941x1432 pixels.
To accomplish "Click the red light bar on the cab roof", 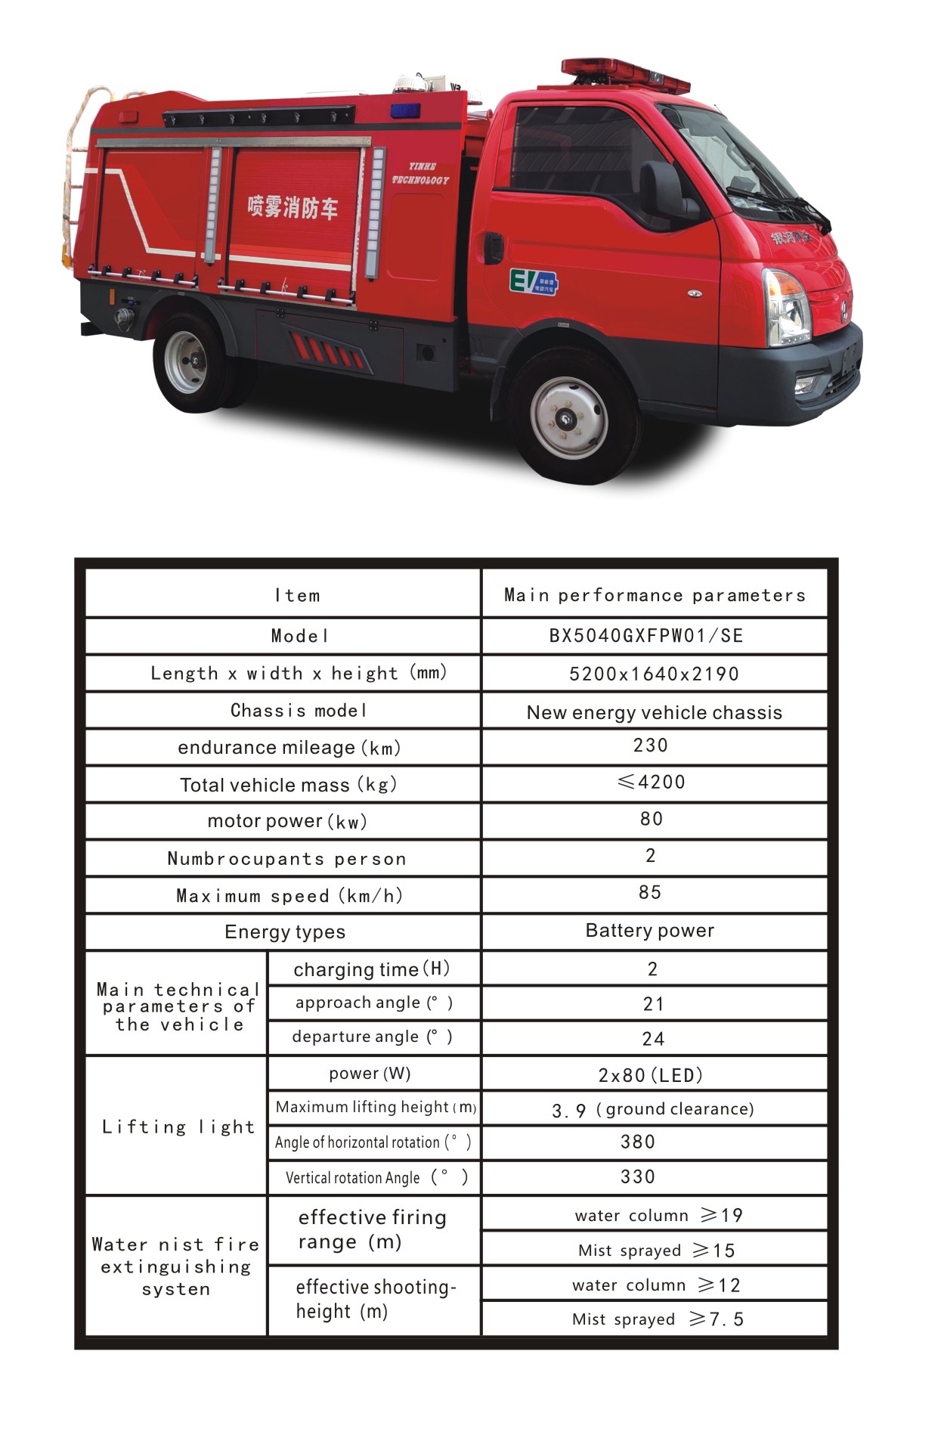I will click(x=625, y=74).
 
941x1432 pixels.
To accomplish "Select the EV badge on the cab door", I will click(x=533, y=281).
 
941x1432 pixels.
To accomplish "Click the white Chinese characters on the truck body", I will click(x=293, y=206).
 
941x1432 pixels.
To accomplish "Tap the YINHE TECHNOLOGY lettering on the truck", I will click(x=420, y=174).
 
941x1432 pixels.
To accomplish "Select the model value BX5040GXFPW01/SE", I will click(x=646, y=636).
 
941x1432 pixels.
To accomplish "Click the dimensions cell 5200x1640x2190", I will click(x=654, y=674).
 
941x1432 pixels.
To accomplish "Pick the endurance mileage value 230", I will click(x=651, y=745).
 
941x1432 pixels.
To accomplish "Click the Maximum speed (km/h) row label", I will click(x=289, y=896).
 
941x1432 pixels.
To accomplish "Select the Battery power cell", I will click(x=650, y=931).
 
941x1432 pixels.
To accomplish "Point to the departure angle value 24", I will click(x=653, y=1039).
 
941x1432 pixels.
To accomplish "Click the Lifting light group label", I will click(x=178, y=1127).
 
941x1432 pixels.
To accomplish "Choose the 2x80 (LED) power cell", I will click(x=651, y=1075).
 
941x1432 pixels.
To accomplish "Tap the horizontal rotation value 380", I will click(x=638, y=1142).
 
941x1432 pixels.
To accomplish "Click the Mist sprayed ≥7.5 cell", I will click(x=658, y=1319).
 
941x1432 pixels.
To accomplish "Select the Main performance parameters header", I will click(x=655, y=596).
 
